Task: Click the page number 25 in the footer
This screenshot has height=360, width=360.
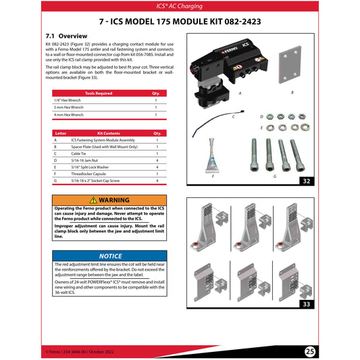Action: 310,352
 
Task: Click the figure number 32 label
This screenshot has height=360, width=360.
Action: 308,182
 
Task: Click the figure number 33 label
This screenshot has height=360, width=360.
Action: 308,305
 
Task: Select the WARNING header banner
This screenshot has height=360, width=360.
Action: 109,201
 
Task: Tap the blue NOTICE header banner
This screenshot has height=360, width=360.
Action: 109,256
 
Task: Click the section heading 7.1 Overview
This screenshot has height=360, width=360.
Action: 66,34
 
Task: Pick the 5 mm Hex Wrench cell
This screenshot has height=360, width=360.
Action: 69,107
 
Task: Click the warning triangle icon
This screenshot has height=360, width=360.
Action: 93,201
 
